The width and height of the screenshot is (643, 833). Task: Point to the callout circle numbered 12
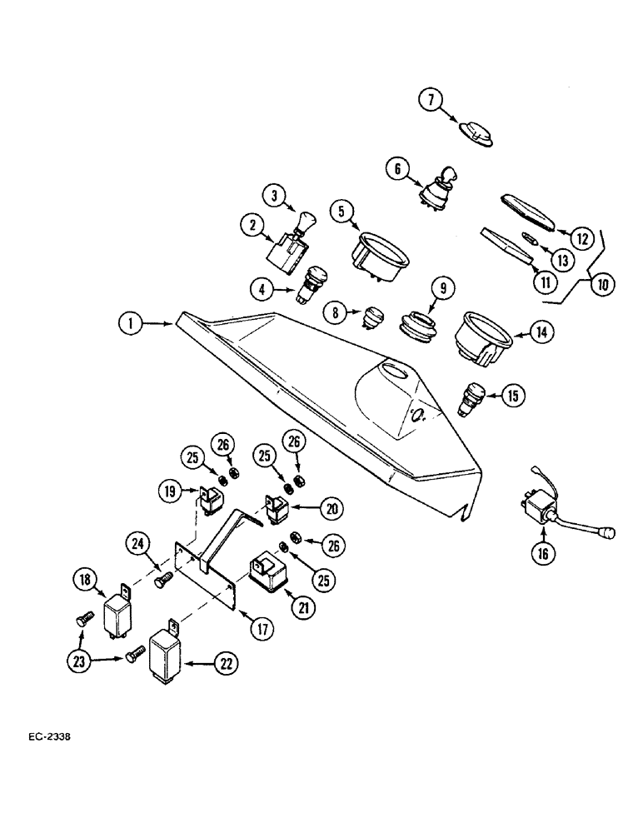coord(583,238)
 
